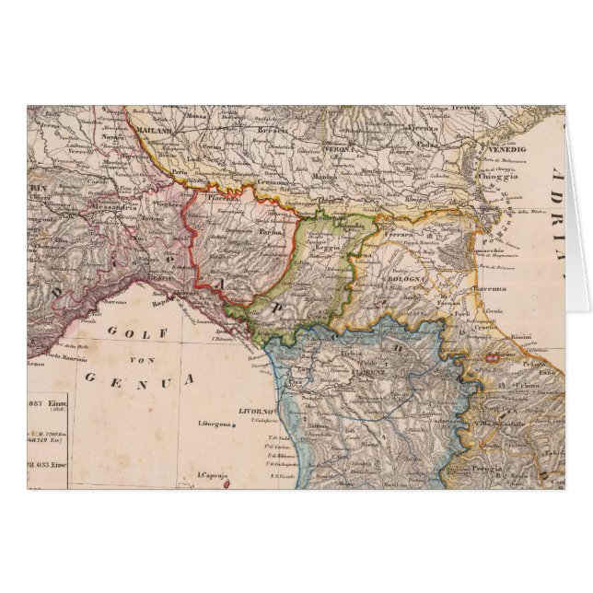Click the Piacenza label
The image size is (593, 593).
click(227, 195)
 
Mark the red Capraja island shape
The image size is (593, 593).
click(227, 483)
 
